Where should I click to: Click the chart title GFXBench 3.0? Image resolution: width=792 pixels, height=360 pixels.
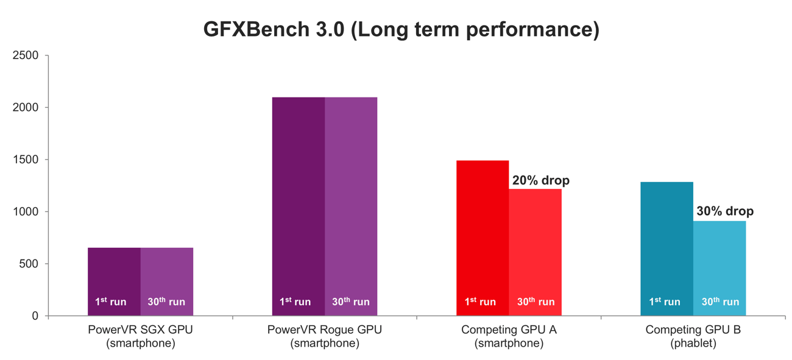(401, 29)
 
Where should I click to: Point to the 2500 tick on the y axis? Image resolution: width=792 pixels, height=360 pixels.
(26, 55)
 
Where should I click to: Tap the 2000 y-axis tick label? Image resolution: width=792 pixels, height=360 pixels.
(26, 108)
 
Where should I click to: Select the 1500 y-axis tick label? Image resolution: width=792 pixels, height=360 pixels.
(26, 160)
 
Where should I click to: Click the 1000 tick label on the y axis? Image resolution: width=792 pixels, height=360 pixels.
(26, 212)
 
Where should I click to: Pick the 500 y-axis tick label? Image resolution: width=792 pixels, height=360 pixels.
(29, 264)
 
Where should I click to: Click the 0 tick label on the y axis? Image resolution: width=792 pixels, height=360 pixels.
(35, 316)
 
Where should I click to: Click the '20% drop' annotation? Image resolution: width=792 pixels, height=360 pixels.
(540, 180)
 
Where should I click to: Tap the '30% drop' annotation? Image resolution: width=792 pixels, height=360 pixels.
(724, 211)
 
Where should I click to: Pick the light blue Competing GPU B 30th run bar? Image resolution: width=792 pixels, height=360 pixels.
(720, 268)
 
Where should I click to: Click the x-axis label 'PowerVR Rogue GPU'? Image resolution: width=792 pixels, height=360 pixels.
(325, 330)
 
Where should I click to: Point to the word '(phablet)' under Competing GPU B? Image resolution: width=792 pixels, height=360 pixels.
(693, 344)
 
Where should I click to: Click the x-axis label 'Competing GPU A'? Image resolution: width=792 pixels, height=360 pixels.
(509, 330)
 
